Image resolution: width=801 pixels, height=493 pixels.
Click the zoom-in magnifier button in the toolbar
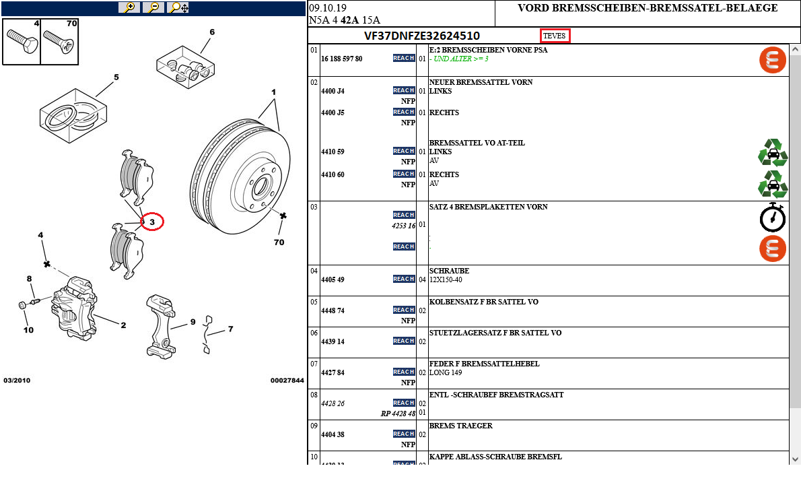tap(129, 7)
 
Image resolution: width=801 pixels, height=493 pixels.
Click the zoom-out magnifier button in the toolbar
tap(153, 7)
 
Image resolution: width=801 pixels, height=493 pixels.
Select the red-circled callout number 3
tap(152, 221)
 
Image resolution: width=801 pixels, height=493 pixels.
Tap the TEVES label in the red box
tap(555, 36)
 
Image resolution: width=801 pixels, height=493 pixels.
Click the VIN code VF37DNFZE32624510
tap(422, 36)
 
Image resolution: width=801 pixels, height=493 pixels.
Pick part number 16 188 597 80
tap(341, 59)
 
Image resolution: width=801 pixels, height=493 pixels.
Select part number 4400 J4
tap(333, 91)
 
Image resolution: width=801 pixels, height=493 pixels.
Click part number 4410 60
tap(333, 174)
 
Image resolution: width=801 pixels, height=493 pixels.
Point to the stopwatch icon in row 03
tap(773, 217)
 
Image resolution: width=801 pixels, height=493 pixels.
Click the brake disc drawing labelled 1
tap(240, 176)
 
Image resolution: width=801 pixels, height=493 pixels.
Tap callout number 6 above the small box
tap(212, 32)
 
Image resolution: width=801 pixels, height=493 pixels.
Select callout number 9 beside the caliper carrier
tap(193, 322)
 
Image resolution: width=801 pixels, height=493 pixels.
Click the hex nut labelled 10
tap(22, 306)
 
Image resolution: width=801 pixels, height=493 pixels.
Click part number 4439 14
tap(333, 341)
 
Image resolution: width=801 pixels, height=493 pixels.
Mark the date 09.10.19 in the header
tap(328, 8)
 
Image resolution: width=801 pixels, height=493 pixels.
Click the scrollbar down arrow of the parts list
tap(795, 459)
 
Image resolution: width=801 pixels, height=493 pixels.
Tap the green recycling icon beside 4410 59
tap(773, 152)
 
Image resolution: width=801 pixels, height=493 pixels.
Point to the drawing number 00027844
tap(287, 381)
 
